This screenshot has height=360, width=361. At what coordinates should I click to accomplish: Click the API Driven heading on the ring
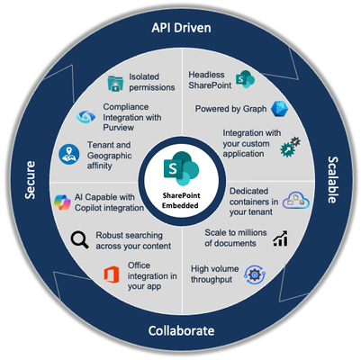tap(181, 28)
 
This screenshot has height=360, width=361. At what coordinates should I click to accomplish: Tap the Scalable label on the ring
tap(332, 180)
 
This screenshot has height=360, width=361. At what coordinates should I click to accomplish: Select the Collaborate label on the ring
tap(181, 330)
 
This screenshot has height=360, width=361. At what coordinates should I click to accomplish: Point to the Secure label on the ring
tap(30, 180)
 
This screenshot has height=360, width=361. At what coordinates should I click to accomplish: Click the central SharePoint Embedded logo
tap(181, 168)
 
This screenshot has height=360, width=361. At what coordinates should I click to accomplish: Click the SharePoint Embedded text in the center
tap(181, 201)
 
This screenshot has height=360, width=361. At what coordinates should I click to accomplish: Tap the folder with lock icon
tap(115, 83)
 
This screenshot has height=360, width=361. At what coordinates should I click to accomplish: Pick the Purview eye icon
tap(86, 117)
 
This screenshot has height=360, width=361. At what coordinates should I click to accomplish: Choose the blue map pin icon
tap(69, 154)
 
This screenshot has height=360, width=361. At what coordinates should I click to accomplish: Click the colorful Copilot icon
tap(62, 202)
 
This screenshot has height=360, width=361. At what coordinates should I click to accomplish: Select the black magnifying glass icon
tap(79, 240)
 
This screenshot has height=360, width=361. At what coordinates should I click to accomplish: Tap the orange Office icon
tap(112, 274)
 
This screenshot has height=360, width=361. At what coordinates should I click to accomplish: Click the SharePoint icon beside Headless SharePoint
tap(245, 79)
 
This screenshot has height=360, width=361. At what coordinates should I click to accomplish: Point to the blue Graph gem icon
tap(279, 109)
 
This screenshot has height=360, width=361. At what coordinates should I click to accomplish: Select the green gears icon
tap(290, 147)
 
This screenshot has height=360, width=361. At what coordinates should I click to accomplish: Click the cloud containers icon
tap(296, 200)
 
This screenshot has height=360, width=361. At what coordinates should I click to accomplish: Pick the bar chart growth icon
tap(281, 238)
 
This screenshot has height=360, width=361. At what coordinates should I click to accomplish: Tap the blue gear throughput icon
tap(255, 274)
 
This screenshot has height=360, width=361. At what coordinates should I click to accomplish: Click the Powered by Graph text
tap(230, 109)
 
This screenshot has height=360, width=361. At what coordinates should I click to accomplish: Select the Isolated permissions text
tap(152, 82)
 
